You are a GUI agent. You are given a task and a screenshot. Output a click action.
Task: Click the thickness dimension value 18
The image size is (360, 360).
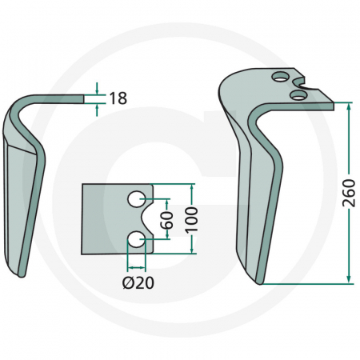117,98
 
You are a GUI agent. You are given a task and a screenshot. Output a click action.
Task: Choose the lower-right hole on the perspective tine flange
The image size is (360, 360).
298,95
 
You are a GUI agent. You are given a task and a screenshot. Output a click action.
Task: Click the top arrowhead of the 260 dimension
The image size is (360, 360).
350,106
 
